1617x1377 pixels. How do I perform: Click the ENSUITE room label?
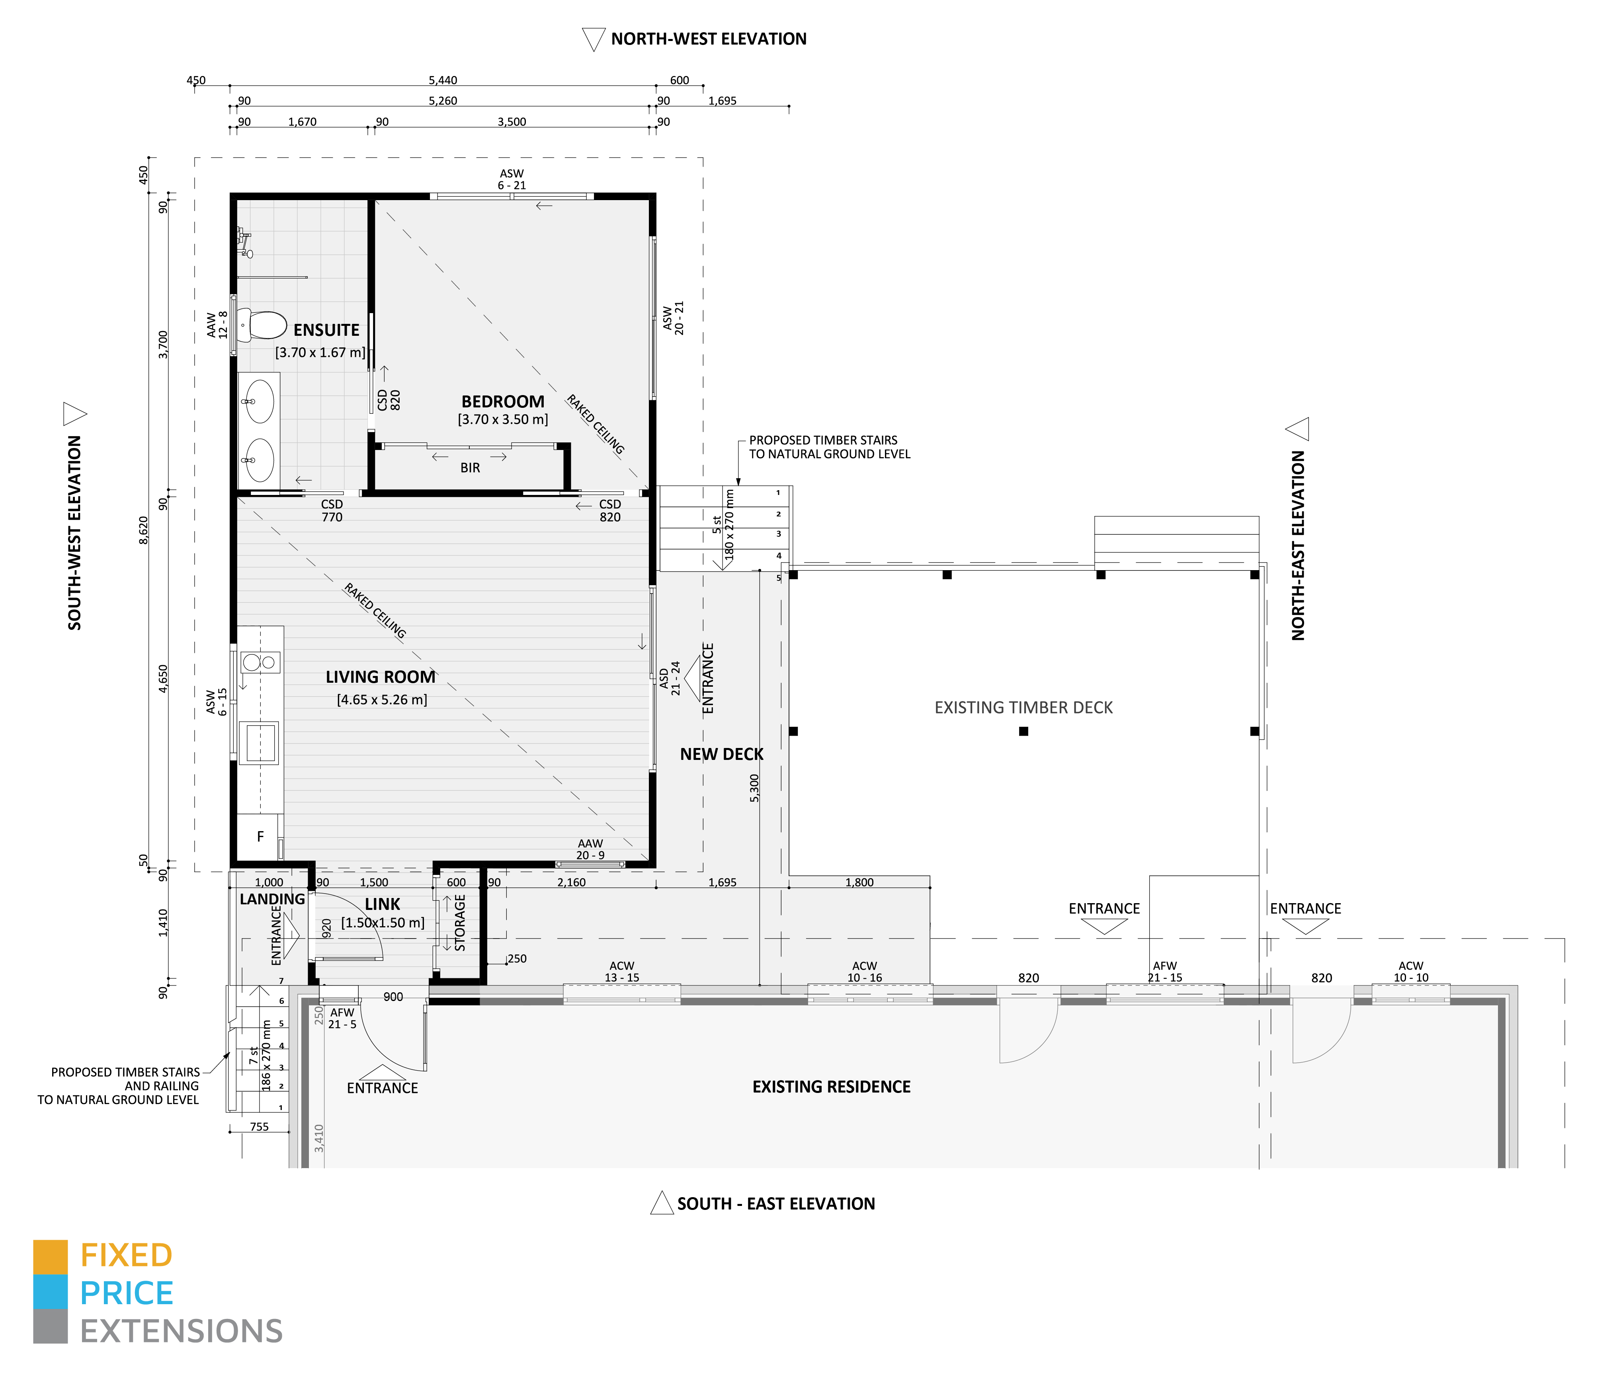(x=326, y=330)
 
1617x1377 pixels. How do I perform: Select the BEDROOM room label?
(x=503, y=402)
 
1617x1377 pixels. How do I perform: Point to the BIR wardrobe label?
(x=470, y=468)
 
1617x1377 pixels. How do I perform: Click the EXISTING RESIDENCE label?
(x=831, y=1087)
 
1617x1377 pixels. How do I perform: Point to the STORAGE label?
(x=460, y=922)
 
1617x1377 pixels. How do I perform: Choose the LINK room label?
(x=383, y=904)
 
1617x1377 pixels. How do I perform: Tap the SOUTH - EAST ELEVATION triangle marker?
(x=662, y=1203)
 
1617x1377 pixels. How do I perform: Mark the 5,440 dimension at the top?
(x=443, y=80)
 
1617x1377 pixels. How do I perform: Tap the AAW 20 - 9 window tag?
(x=590, y=849)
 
